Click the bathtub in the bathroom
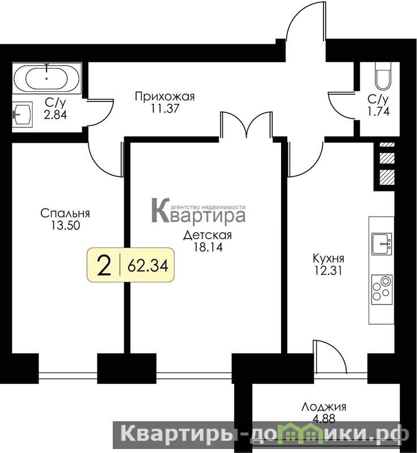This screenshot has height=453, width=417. (47, 78)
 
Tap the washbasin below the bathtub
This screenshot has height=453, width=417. (23, 114)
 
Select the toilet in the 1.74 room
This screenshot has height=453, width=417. (383, 77)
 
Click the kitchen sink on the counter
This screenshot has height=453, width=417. (381, 244)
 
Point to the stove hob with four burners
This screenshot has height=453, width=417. (381, 289)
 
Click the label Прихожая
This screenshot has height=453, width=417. (165, 96)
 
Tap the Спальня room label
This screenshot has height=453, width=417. (65, 213)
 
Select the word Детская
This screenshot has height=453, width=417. (207, 235)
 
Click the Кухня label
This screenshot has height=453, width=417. (329, 259)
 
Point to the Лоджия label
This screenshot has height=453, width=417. (324, 407)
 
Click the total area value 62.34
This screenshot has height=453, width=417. (148, 265)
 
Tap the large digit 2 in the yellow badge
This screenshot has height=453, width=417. (104, 265)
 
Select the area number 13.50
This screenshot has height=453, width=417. (65, 225)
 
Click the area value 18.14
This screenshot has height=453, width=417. (207, 247)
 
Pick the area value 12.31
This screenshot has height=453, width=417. (329, 270)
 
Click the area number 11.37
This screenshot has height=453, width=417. (165, 109)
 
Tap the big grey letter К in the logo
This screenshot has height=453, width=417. (161, 210)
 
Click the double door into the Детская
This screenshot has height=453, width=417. (246, 125)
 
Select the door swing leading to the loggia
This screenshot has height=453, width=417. (331, 357)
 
